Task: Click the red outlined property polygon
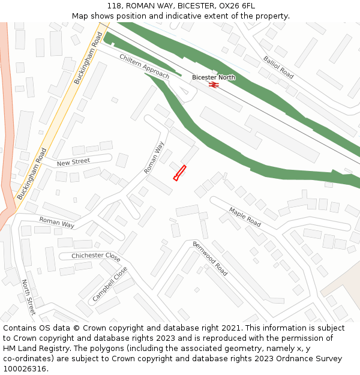point(179,173)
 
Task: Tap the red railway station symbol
point(214,85)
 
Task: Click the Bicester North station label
point(214,77)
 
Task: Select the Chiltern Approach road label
point(145,66)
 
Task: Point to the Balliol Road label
point(278,67)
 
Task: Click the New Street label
point(73,162)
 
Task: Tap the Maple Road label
point(245,217)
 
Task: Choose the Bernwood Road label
point(210,259)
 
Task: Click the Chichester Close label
point(96,256)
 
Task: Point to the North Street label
point(29,296)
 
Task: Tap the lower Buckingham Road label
point(32,174)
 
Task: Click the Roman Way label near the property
point(154,158)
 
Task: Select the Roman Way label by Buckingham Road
point(57,223)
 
